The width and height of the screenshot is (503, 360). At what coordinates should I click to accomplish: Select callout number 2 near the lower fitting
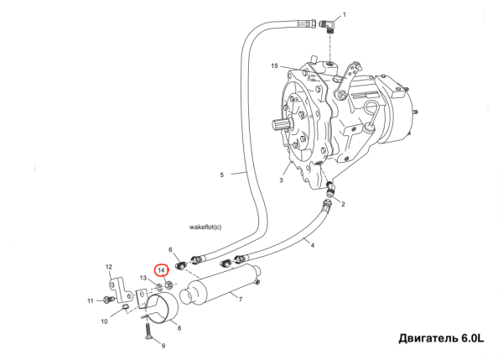click(342, 205)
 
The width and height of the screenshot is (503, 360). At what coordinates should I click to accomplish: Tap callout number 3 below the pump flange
click(283, 180)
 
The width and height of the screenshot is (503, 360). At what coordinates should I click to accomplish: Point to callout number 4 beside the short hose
click(311, 244)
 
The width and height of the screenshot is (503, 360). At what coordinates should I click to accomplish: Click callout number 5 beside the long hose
click(222, 175)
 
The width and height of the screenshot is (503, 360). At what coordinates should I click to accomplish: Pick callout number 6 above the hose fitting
click(170, 250)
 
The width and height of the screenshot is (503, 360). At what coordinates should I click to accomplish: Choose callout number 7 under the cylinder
click(240, 299)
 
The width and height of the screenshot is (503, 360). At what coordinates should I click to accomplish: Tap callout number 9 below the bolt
click(163, 346)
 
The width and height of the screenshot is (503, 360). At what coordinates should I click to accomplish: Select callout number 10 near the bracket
click(105, 321)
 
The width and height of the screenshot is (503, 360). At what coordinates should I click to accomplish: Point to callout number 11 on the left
click(90, 300)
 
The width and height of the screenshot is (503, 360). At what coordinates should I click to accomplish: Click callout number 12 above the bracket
click(108, 267)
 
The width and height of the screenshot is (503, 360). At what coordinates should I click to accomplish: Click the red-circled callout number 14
click(162, 270)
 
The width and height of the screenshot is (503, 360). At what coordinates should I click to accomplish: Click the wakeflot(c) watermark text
click(210, 227)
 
